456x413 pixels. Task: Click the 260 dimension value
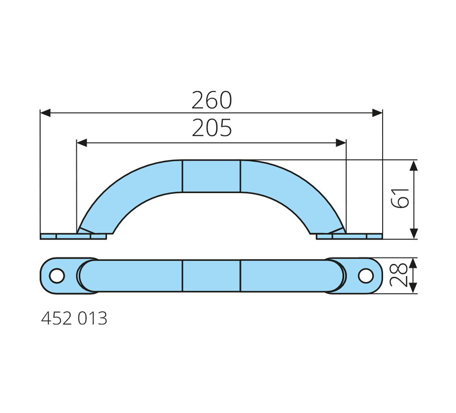point(212,100)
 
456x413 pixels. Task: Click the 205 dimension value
point(212,128)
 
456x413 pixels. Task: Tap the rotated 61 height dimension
point(400,198)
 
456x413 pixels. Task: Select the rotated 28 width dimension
point(398,275)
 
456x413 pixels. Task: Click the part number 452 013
point(74,318)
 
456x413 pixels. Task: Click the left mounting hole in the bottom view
point(57,276)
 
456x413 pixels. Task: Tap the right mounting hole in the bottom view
point(366,276)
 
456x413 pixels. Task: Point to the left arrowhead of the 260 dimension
point(46,113)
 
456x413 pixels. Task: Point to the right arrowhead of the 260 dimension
point(377,113)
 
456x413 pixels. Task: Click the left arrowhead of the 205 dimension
point(82,143)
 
